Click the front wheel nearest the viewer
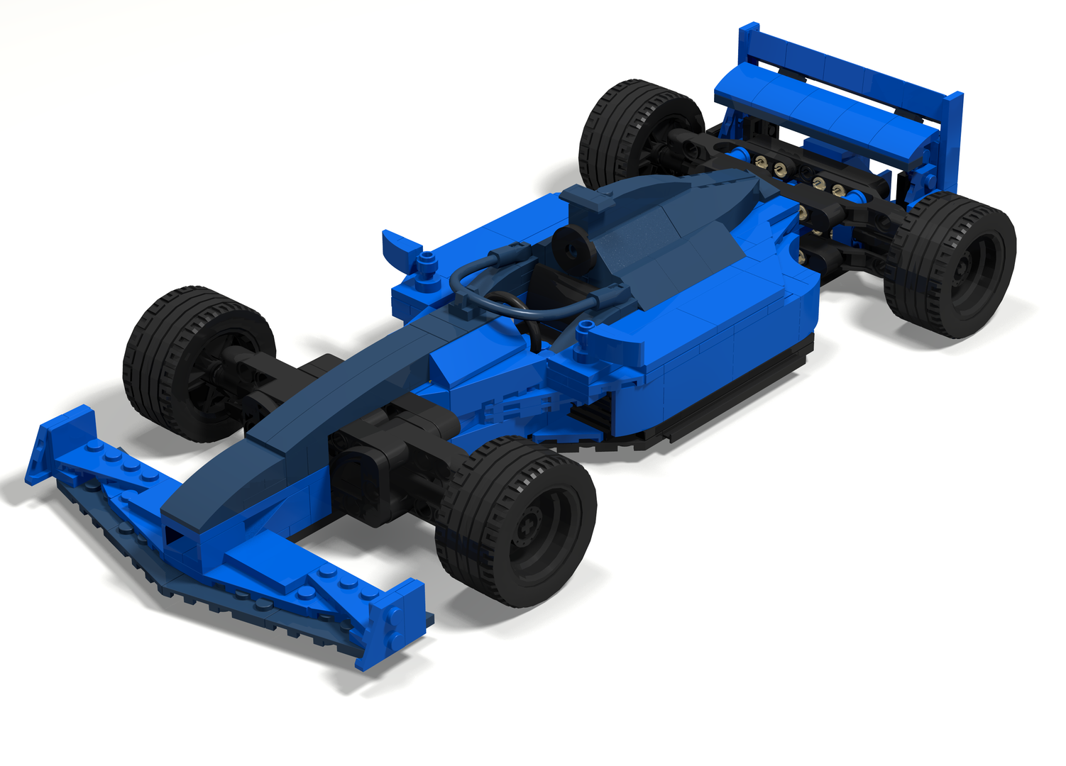pyautogui.click(x=517, y=521)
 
